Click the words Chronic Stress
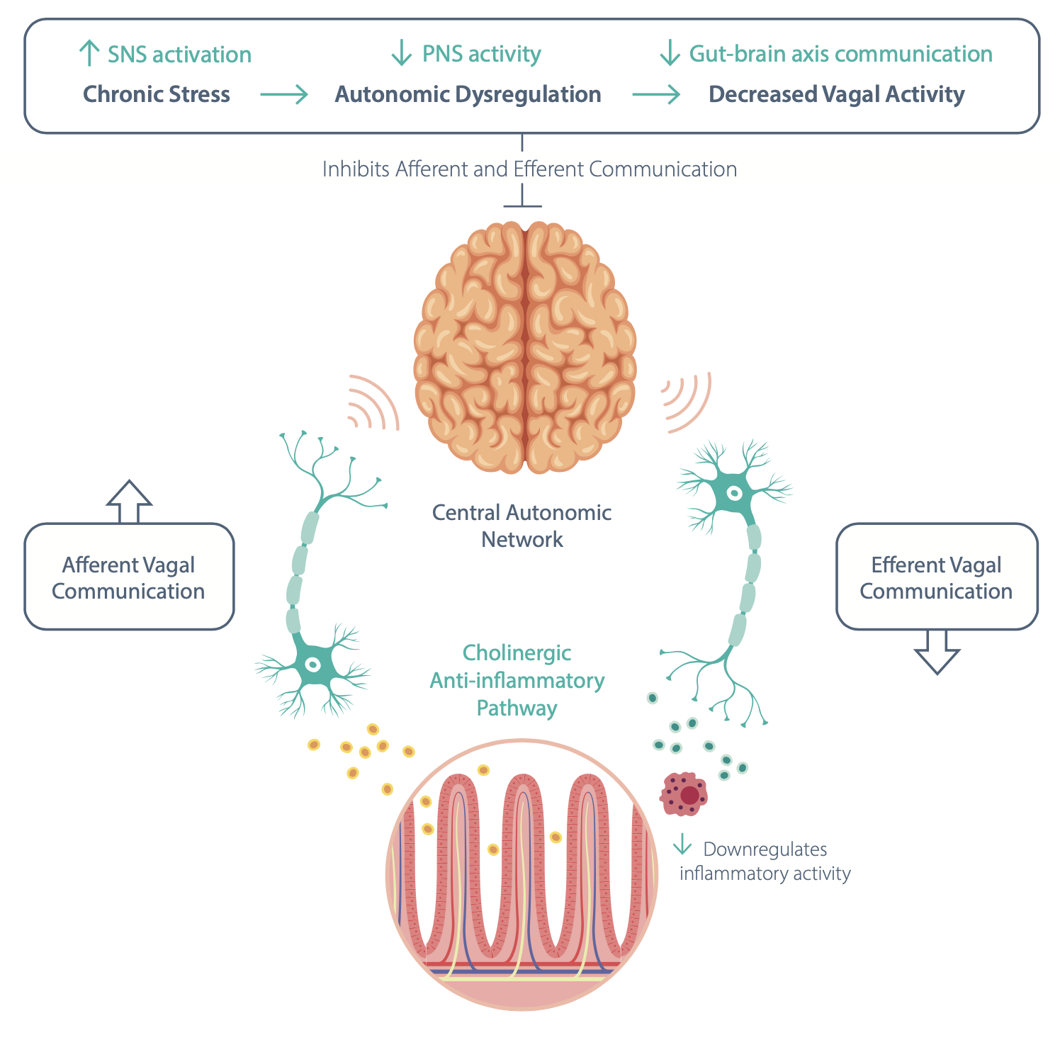(x=157, y=94)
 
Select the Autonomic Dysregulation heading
(x=468, y=94)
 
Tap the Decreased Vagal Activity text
(x=836, y=94)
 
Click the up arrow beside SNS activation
(x=89, y=53)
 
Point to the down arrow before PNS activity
(x=402, y=53)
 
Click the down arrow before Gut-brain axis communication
(x=670, y=53)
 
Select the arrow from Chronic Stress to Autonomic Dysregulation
(x=284, y=94)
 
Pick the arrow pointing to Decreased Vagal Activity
(x=655, y=94)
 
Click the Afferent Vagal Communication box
(x=129, y=577)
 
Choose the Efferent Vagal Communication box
(x=936, y=577)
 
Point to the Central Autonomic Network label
(x=522, y=526)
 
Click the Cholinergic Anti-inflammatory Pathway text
(x=517, y=680)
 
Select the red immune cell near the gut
(x=684, y=793)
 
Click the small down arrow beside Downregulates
(x=682, y=844)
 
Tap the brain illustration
(x=525, y=347)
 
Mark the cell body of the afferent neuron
(x=312, y=665)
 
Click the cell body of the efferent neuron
(x=735, y=493)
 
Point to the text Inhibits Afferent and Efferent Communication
(x=529, y=169)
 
